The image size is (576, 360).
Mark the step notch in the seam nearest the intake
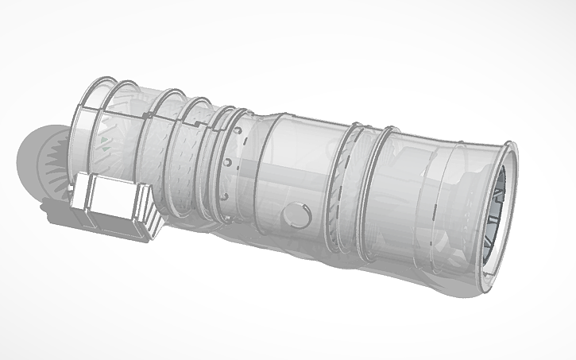[x=146, y=115]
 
